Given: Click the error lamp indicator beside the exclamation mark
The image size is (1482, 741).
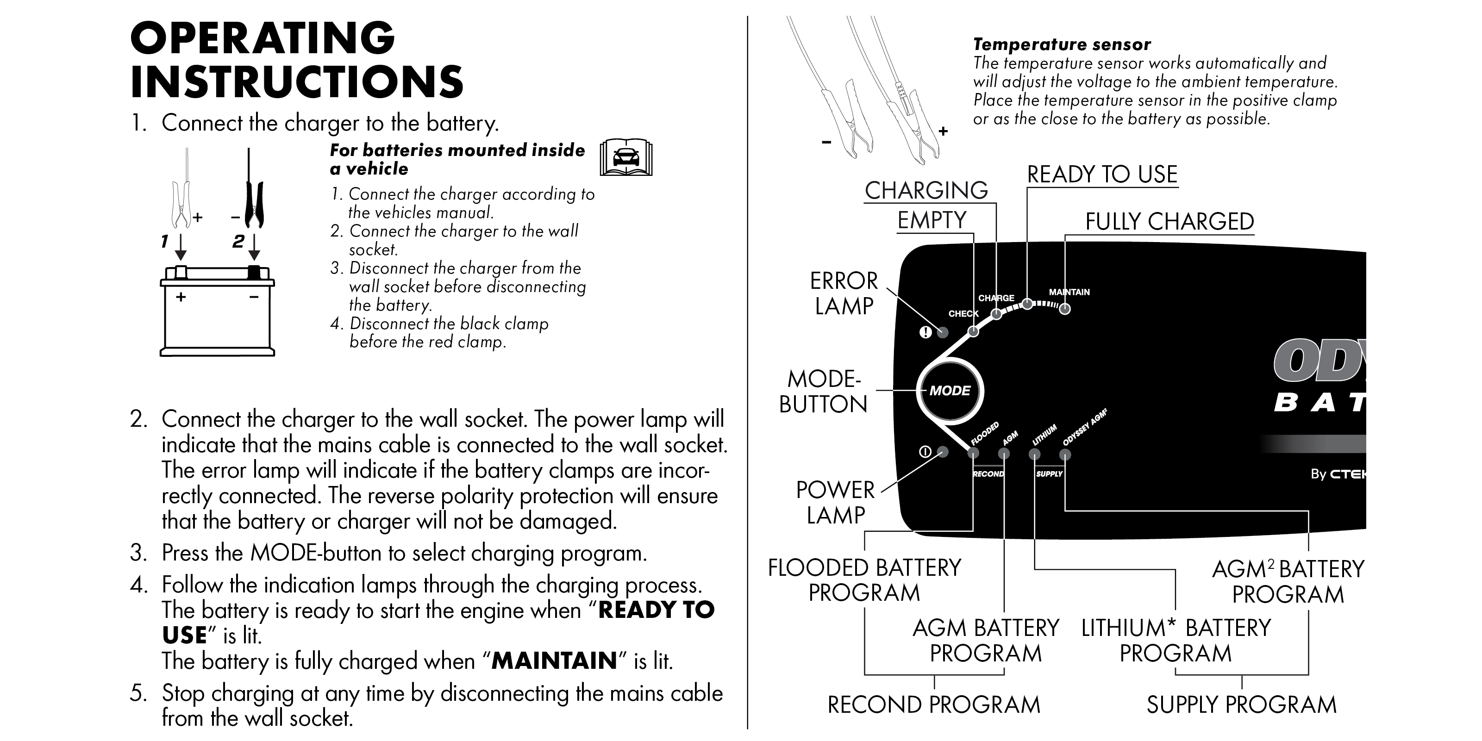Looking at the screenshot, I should coord(942,332).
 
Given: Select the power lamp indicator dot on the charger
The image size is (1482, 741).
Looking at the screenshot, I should coord(942,452).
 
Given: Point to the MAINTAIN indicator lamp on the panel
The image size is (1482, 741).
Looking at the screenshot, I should coord(1065,309).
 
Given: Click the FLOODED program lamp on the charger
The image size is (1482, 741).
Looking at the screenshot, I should coord(973,453).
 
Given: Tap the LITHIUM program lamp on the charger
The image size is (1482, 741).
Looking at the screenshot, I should coord(1034,455).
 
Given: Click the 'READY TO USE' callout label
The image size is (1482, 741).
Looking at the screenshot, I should coord(1102,174).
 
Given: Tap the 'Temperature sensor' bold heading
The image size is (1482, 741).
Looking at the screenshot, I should coord(1062,44).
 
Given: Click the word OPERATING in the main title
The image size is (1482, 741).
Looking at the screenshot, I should coord(263,38).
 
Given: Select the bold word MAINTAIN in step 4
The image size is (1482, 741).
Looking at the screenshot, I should coord(554,660).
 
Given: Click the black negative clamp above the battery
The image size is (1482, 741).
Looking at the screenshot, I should coord(254,204).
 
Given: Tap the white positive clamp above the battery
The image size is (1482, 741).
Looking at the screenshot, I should coord(181,204).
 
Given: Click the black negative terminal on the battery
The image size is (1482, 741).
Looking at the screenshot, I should coord(254,272).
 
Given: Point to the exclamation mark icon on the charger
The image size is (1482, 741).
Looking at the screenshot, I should coord(925,332).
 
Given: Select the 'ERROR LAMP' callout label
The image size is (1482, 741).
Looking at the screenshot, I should coord(844,293).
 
